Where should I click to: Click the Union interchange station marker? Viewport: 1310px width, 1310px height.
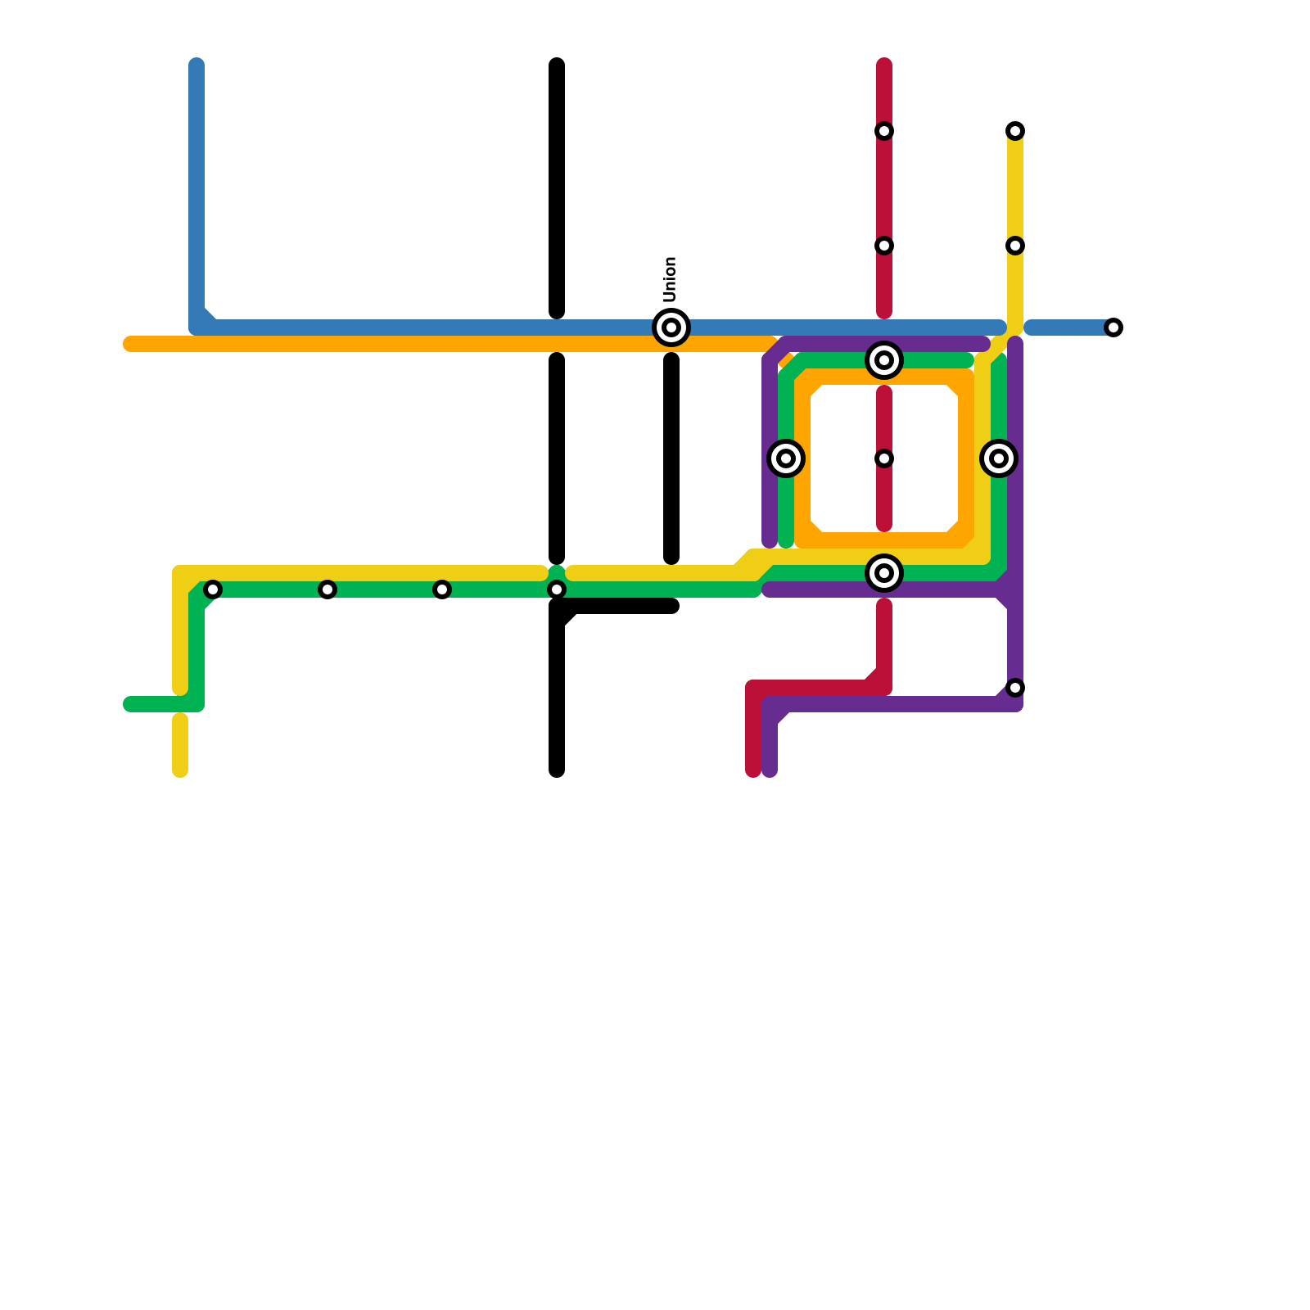tap(671, 327)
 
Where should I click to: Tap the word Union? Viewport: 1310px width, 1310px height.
tap(671, 279)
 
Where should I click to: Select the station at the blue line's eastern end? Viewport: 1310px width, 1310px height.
tap(1113, 327)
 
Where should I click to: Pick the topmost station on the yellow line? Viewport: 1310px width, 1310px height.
tap(1015, 131)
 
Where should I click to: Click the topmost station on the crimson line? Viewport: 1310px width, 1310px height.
tap(884, 131)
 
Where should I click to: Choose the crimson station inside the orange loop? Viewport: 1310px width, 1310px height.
tap(884, 458)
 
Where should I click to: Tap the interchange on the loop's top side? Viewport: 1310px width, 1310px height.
tap(884, 360)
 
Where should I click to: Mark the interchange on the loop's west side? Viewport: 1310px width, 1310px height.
tap(786, 458)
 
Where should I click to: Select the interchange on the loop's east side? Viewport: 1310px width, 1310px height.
tap(999, 458)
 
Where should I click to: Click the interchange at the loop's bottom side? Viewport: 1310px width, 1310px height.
tap(884, 573)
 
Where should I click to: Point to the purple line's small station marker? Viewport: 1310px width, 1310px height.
tap(1015, 688)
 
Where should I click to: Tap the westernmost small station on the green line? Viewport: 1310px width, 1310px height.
tap(213, 589)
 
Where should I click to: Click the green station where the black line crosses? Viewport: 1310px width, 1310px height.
tap(557, 589)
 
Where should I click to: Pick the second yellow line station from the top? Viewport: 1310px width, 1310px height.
tap(1015, 246)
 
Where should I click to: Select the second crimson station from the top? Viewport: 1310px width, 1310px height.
tap(884, 246)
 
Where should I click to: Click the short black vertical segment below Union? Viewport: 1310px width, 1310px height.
tap(671, 458)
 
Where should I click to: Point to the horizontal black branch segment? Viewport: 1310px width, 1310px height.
tap(622, 607)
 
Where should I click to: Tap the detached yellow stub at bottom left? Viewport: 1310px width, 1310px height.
tap(180, 745)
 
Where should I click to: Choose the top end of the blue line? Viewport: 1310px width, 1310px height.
tap(196, 65)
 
